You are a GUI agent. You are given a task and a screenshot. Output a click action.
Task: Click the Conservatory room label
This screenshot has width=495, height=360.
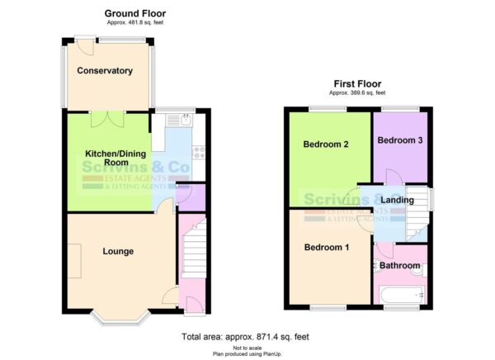tap(105, 71)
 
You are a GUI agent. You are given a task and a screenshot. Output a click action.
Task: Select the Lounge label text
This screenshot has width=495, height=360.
tap(119, 251)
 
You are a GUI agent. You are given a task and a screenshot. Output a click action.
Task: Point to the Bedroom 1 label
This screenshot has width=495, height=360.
tap(327, 248)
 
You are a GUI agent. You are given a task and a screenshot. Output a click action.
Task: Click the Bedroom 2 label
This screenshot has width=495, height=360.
tap(325, 144)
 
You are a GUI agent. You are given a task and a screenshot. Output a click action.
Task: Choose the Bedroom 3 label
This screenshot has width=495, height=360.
tap(400, 140)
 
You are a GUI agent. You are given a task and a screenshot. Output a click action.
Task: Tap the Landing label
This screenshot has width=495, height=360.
tap(397, 201)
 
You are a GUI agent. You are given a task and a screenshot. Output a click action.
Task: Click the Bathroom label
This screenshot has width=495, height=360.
tap(400, 265)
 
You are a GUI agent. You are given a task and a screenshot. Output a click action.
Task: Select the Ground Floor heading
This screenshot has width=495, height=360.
tap(134, 14)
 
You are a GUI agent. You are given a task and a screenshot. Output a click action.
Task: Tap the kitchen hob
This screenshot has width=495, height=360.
tap(198, 151)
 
